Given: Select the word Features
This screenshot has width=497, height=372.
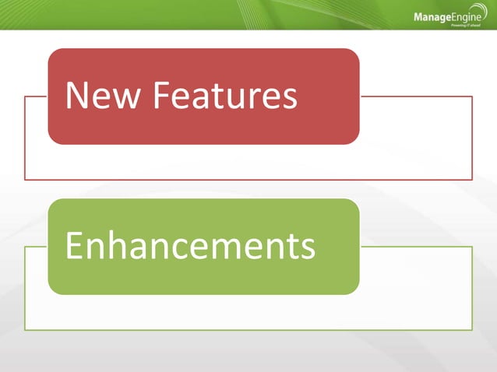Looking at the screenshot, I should (x=225, y=96).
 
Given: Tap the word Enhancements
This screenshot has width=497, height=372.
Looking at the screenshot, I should (x=190, y=246).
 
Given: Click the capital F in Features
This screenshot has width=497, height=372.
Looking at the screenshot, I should (x=160, y=96).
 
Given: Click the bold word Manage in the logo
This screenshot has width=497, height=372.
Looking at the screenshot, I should (x=431, y=17).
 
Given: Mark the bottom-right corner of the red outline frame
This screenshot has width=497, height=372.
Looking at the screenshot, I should (x=472, y=180).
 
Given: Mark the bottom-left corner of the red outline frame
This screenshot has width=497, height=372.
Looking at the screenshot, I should (x=25, y=180).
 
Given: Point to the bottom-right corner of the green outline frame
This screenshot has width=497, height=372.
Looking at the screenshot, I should (x=472, y=330).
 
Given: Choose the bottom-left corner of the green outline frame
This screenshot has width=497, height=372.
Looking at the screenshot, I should (x=25, y=330).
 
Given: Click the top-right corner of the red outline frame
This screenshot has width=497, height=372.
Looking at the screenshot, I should (x=472, y=97).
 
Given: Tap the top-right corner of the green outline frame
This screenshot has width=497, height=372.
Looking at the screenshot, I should (x=472, y=247).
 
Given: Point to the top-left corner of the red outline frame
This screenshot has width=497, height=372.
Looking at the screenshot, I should (x=25, y=97).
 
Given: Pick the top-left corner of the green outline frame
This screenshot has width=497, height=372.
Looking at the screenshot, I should (x=25, y=247).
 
